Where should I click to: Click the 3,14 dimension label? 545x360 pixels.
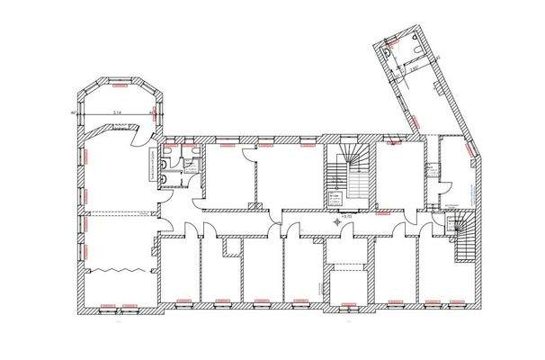(117, 112)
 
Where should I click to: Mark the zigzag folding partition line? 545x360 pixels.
(112, 268)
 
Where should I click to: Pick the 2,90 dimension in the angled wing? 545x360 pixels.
(415, 66)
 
